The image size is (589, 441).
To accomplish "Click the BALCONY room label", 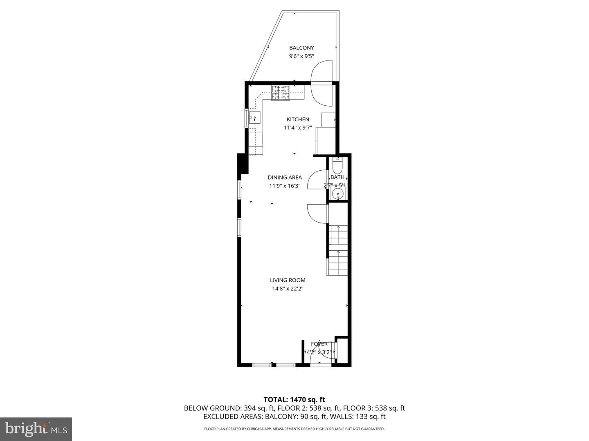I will coord(301,48).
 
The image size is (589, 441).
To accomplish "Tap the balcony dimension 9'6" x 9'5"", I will coord(301,57).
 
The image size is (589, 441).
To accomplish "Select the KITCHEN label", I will coord(298,119).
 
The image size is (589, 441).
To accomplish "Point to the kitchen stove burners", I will coord(281,92).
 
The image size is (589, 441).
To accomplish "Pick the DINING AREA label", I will coord(285,177).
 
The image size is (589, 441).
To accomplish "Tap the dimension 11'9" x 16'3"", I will coord(285,186).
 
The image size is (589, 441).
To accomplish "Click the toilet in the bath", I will coord(338,166).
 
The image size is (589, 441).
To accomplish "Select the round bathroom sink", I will coord(338,194).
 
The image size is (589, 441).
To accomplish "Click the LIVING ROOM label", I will coord(288,280).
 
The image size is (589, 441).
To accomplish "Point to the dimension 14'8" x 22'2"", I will coord(288,289).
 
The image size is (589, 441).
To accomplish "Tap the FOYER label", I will coord(319,344).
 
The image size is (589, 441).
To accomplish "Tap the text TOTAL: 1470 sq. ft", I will coord(294,399).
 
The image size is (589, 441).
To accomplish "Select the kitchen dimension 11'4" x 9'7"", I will coord(298,128).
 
